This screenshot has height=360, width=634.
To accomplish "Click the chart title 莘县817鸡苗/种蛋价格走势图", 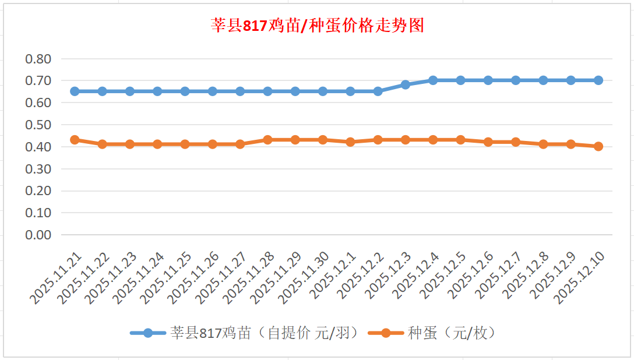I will coord(317,26).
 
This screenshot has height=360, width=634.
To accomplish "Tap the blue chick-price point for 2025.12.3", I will coord(406,85).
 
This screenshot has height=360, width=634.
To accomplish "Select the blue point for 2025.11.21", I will coord(75,91).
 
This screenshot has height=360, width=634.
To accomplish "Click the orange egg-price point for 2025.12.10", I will coord(598,147).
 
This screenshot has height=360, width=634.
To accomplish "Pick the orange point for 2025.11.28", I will coord(267,140).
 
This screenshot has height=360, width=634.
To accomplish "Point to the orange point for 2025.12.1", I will coord(350,142).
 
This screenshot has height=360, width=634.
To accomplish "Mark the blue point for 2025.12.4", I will coord(433,80).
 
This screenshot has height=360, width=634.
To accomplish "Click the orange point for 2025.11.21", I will coord(75,140).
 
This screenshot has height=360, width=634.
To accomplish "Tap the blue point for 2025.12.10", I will coord(598,80).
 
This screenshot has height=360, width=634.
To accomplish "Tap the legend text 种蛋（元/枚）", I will coord(452,333).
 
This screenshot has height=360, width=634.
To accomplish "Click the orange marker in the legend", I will coord(385,333).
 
